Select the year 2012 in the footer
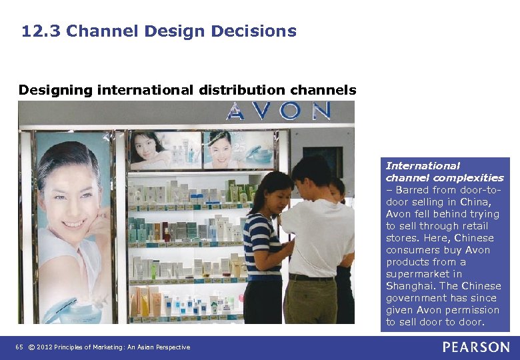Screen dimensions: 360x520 45,347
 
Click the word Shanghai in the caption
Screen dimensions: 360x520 410,286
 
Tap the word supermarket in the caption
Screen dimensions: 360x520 414,274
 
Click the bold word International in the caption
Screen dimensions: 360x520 423,166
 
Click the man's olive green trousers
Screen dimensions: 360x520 310,299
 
